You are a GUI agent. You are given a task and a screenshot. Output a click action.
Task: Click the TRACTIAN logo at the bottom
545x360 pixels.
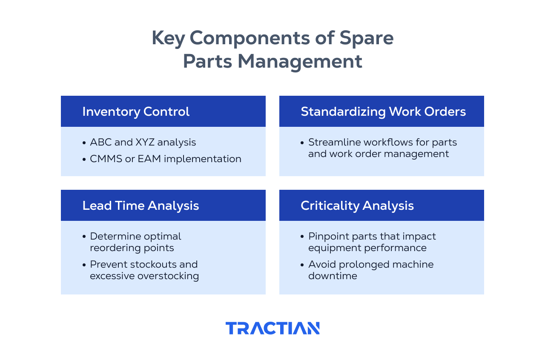click(272, 328)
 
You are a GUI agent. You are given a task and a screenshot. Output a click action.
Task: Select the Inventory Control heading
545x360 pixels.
click(136, 111)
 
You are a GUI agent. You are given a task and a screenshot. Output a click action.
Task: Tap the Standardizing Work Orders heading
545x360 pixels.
click(383, 111)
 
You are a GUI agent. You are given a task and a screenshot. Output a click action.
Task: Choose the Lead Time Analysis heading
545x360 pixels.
click(141, 206)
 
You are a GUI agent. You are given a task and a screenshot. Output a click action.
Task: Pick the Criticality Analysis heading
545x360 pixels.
click(357, 206)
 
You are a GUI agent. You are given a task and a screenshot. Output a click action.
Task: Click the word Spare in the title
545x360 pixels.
click(367, 38)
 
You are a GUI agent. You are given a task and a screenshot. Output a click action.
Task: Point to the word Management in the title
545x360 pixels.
click(300, 61)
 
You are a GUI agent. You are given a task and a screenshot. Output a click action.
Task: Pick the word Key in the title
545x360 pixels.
click(168, 38)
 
